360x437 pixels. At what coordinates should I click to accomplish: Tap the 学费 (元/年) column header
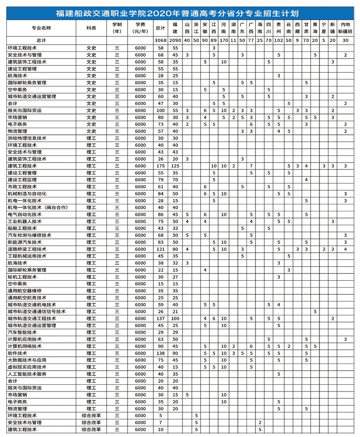[140, 28]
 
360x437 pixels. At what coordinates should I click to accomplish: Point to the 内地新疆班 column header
[345, 28]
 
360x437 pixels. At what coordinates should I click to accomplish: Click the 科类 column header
[91, 28]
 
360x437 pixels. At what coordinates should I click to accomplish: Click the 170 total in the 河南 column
[223, 41]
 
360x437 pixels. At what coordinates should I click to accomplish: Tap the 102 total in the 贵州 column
[278, 41]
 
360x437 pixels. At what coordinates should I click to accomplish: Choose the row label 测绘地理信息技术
[27, 138]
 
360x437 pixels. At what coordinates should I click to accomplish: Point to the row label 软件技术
[18, 353]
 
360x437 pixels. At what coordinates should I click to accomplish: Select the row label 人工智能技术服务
[27, 374]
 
